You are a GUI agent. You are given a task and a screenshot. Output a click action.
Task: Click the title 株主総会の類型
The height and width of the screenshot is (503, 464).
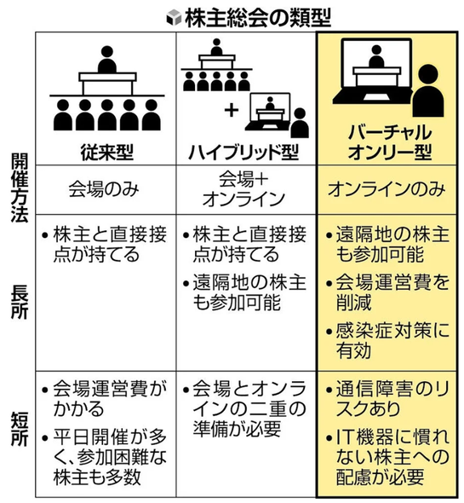[x=258, y=18]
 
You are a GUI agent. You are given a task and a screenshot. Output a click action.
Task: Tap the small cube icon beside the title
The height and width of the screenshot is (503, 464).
[x=174, y=18]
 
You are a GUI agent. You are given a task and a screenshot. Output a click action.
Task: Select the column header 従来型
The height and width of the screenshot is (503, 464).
[x=106, y=152]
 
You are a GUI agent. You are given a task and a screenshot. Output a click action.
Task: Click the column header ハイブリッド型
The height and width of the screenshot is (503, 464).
[x=243, y=152]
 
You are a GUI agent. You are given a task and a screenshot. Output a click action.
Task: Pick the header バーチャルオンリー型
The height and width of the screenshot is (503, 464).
[x=390, y=142]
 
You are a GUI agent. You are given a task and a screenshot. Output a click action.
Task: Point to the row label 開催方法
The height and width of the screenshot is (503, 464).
[x=20, y=188]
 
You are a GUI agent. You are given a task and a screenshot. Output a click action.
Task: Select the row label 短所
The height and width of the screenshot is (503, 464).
[x=20, y=429]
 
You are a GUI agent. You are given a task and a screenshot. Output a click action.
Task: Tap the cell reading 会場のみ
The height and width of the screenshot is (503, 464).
[x=104, y=189]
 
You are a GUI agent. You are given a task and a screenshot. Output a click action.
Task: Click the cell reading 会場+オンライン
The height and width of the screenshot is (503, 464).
[x=243, y=189]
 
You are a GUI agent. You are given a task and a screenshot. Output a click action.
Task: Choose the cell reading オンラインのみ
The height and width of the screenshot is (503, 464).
[x=387, y=189]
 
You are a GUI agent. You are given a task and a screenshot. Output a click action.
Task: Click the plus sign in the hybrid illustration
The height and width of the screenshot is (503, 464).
[x=232, y=111]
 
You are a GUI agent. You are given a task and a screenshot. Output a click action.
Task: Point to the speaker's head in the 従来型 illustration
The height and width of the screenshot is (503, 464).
[x=107, y=52]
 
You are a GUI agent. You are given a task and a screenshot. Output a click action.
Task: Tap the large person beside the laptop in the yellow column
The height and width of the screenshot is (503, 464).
[x=428, y=90]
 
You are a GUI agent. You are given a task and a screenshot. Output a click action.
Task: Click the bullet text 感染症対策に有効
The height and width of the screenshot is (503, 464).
[x=392, y=340]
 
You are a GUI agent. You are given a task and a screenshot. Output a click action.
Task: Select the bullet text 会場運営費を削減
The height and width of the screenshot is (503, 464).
[x=392, y=292]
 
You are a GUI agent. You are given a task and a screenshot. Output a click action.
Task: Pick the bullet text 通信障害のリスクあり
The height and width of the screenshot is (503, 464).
[x=392, y=399]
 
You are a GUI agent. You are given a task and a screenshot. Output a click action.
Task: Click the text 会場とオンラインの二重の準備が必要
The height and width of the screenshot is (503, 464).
[x=249, y=408]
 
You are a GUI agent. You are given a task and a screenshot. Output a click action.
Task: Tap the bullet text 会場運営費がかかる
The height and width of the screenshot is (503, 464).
[x=110, y=399]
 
